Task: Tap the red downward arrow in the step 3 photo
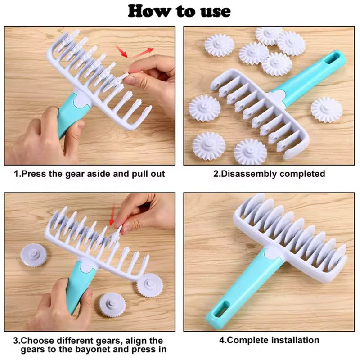point(112,214)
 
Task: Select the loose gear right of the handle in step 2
point(326,109)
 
